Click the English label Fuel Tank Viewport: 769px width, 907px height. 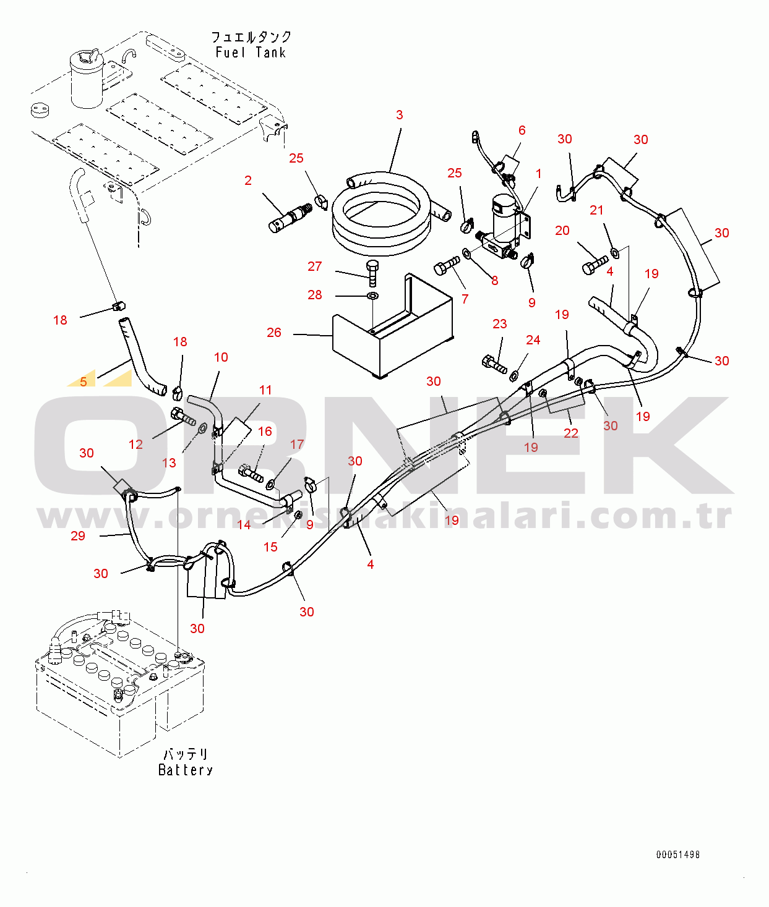tap(251, 53)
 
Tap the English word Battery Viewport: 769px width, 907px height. tap(186, 770)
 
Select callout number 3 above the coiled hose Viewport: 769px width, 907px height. tap(399, 115)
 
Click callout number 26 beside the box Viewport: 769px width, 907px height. tap(273, 333)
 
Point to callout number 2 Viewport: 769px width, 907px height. tap(248, 181)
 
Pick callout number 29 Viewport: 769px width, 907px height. tap(78, 536)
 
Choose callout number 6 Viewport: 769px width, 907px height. tap(522, 130)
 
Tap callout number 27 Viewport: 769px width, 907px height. tap(314, 266)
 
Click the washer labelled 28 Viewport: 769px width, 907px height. tap(372, 296)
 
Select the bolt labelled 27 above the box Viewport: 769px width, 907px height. tap(372, 273)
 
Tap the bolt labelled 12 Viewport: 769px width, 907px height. tap(183, 417)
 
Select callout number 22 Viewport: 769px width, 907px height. tap(571, 433)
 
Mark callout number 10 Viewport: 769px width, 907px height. tap(221, 357)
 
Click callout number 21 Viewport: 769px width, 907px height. tap(596, 211)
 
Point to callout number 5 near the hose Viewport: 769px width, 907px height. tap(84, 381)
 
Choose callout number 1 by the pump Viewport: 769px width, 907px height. tap(538, 174)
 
